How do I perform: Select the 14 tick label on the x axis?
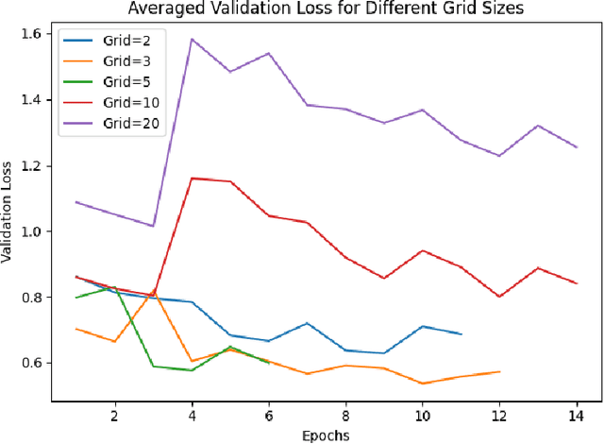click(577, 415)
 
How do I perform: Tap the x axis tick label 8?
click(345, 415)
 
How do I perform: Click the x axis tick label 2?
click(114, 415)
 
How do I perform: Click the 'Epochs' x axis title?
click(326, 435)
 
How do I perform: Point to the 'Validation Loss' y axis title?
click(10, 214)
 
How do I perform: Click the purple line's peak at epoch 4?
click(192, 39)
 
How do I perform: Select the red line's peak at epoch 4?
click(192, 178)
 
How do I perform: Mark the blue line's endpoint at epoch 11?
click(461, 334)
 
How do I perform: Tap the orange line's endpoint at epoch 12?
click(499, 371)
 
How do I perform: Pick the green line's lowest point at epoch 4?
click(192, 370)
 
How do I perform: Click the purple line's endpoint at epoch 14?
click(577, 147)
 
